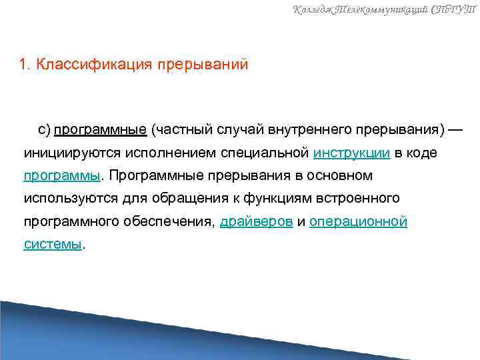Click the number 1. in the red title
pyautogui.click(x=25, y=65)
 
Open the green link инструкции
pyautogui.click(x=351, y=153)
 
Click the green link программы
pyautogui.click(x=61, y=176)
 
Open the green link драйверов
pyautogui.click(x=256, y=221)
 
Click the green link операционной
pyautogui.click(x=358, y=221)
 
